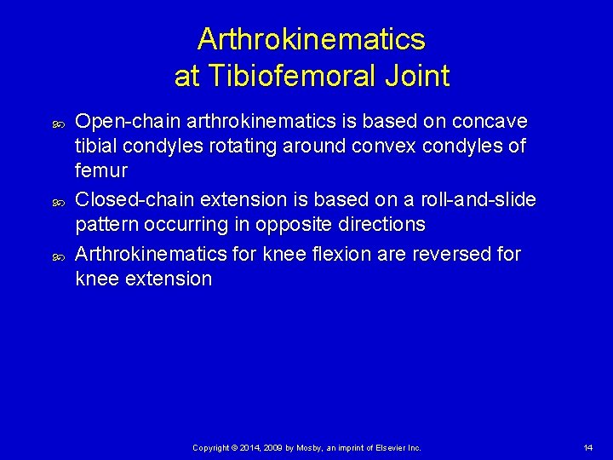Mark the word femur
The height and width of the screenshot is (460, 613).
point(101,170)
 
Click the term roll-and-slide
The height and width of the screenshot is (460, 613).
point(480,199)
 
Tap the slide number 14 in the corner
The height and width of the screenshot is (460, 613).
point(588,447)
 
